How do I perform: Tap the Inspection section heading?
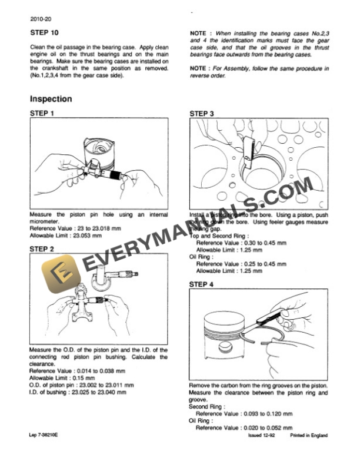51,99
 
